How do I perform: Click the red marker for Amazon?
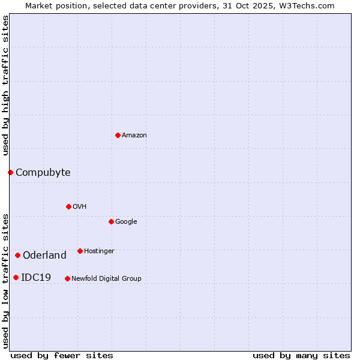coord(118,135)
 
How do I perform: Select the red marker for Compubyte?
coord(10,172)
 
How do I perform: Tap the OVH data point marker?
coord(68,206)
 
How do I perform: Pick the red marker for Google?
coord(111,221)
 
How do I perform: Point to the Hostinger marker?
coord(80,251)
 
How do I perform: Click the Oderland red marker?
coord(17,255)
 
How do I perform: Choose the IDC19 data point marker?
coord(16,277)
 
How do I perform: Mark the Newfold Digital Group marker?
coord(67,278)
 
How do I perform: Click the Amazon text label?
coord(134,136)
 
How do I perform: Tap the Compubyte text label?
coord(43,173)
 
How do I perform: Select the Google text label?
coord(126,222)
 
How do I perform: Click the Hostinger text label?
coord(99,251)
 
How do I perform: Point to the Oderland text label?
coord(44,256)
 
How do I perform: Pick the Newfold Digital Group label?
coord(106,279)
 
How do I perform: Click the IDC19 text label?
coord(36,278)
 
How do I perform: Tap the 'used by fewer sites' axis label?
coord(62,355)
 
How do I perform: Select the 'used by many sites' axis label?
coord(301,355)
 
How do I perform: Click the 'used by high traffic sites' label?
coord(5,85)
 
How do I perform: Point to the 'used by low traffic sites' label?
coord(5,280)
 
